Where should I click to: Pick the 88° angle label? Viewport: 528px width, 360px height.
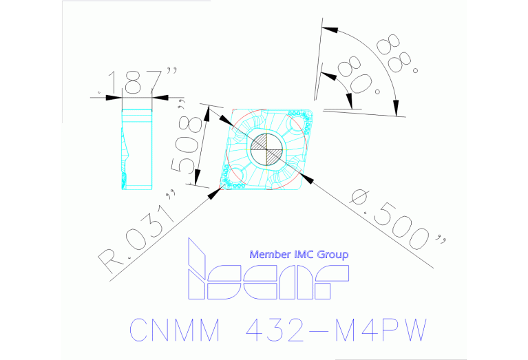click(x=396, y=52)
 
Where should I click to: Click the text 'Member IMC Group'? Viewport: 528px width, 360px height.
click(x=298, y=255)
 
